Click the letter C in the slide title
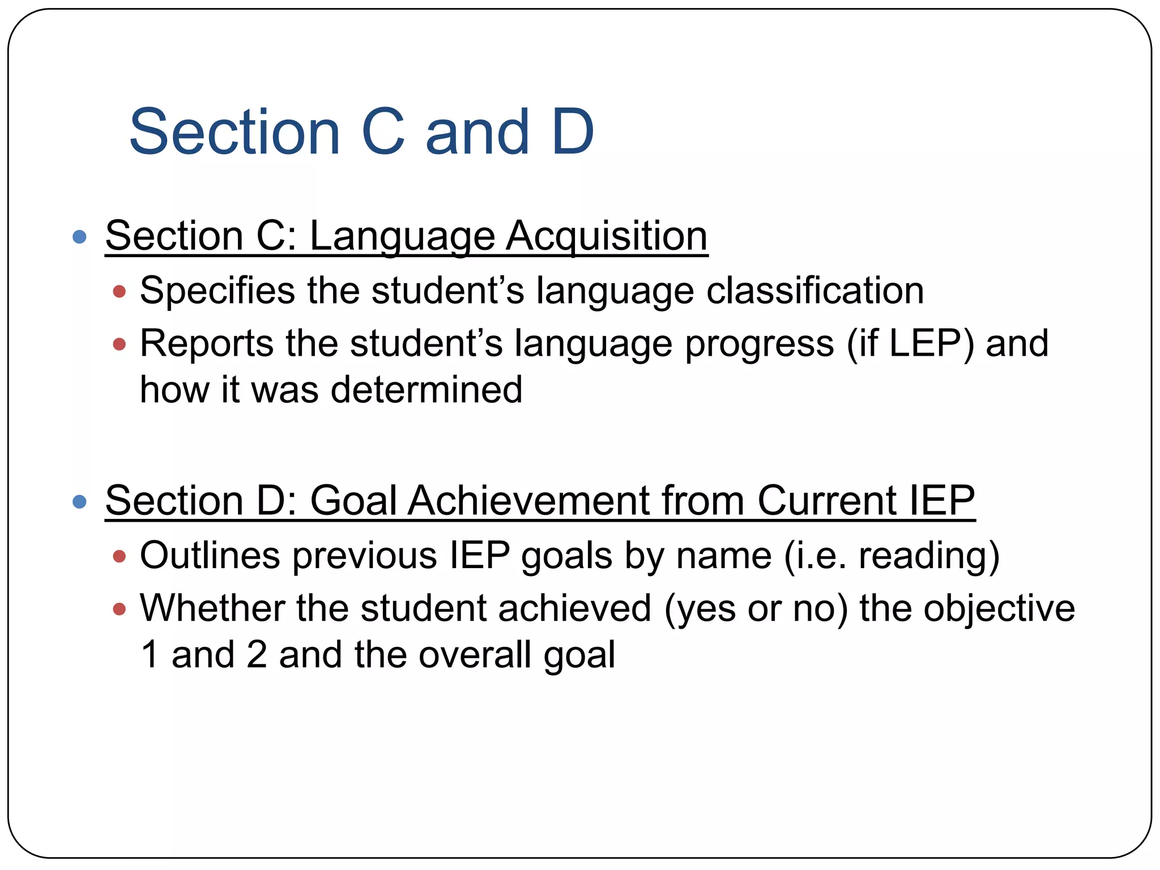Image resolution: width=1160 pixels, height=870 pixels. pos(383,132)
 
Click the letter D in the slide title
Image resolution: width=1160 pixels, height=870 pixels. pos(573,132)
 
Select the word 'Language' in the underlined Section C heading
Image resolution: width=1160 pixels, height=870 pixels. pos(402,237)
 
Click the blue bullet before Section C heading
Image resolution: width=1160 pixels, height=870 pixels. pos(80,237)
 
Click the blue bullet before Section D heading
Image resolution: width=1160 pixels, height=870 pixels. pos(80,501)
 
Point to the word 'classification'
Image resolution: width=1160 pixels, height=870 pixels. pos(815,291)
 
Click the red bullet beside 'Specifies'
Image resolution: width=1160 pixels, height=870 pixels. pos(119,292)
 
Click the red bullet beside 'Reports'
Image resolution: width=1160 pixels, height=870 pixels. pos(119,344)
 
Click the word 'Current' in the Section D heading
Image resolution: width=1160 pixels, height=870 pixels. pos(827,501)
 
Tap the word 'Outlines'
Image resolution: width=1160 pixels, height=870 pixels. pos(210,555)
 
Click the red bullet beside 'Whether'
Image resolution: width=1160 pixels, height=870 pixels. pos(119,609)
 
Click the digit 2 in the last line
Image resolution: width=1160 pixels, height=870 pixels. pos(257,655)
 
